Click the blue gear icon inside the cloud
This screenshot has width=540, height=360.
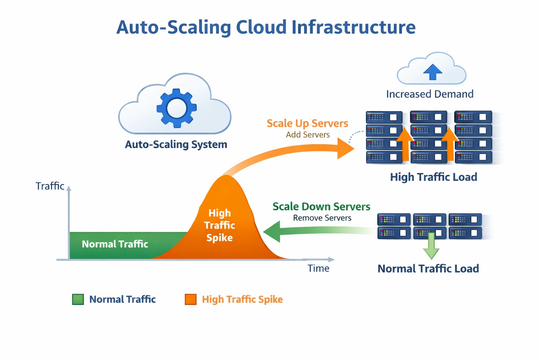(x=176, y=108)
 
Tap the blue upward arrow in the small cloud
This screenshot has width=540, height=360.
(x=432, y=72)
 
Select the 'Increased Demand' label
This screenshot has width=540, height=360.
(x=430, y=94)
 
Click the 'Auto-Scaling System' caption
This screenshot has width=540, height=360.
(x=176, y=144)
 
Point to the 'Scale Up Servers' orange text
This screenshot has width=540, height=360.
(x=307, y=123)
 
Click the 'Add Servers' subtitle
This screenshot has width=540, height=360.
(x=308, y=135)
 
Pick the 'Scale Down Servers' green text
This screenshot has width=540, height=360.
(x=321, y=206)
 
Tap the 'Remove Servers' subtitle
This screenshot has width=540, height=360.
(x=322, y=218)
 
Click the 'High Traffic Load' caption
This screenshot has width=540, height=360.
(x=433, y=177)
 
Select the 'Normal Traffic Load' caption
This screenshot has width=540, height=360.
(x=428, y=269)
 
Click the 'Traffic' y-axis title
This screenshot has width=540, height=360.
(x=50, y=186)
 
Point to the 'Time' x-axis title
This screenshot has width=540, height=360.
(x=318, y=268)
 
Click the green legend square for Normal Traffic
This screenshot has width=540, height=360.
(x=78, y=300)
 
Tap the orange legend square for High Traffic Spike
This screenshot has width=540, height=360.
(x=191, y=300)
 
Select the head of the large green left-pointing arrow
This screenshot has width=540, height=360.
(x=273, y=232)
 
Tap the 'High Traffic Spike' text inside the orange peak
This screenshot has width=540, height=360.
(x=219, y=225)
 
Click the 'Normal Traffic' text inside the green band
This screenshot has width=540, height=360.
(x=115, y=244)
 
